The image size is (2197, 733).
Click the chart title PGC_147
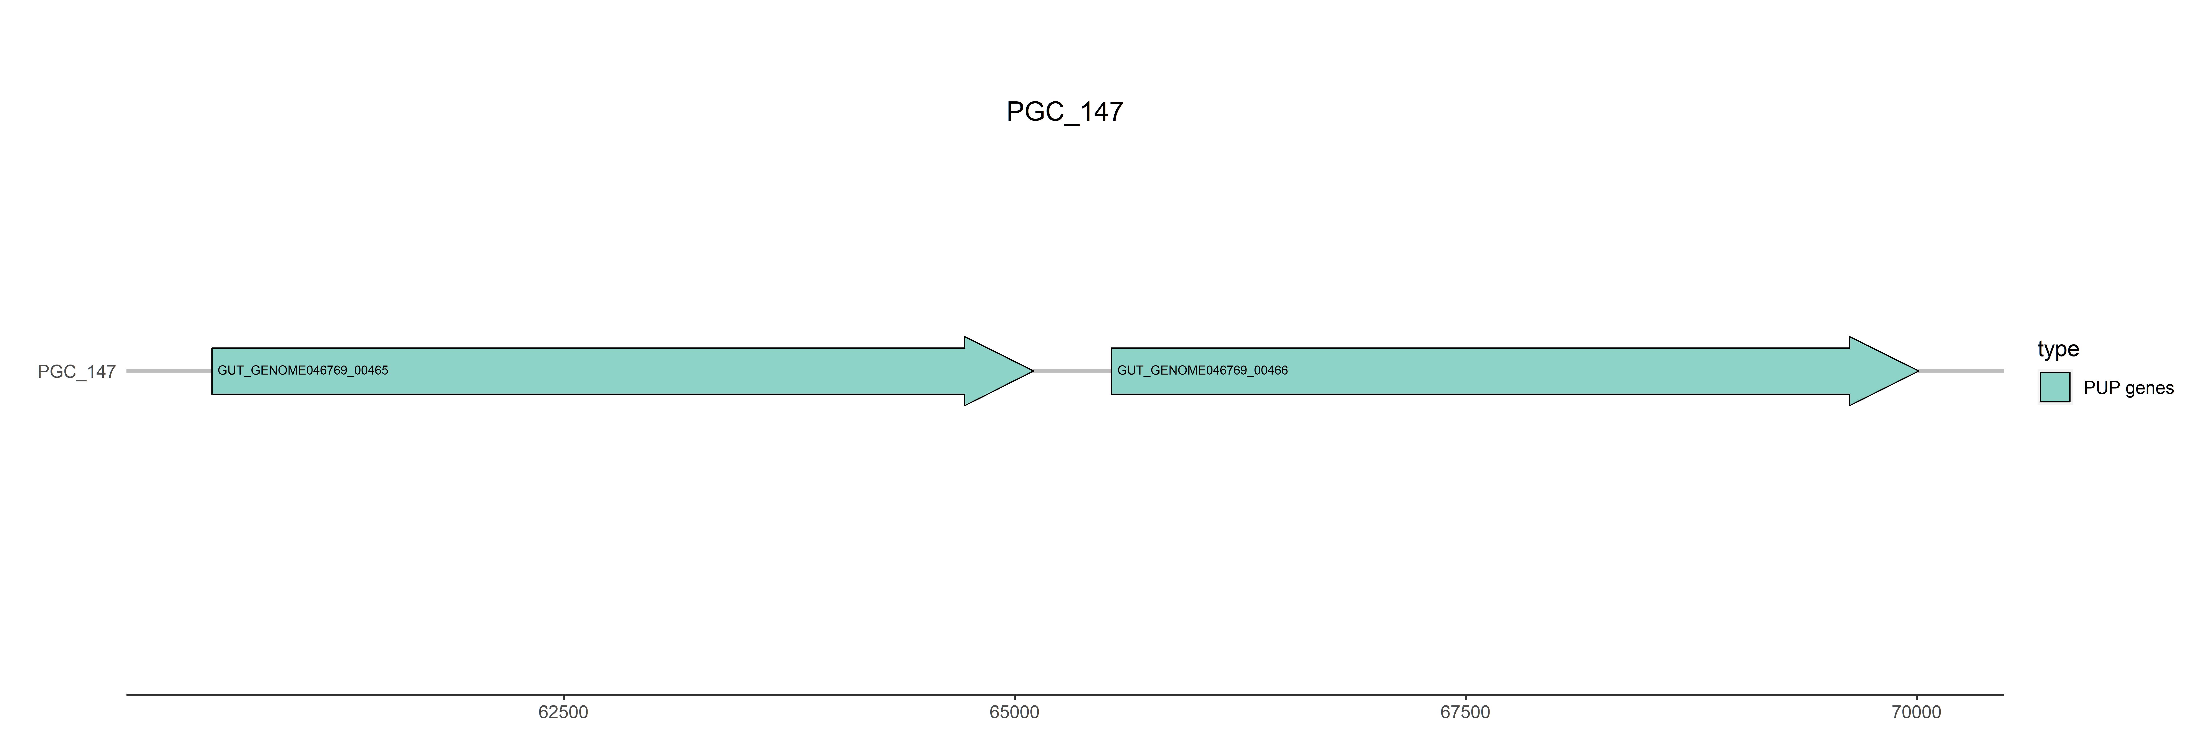point(1064,112)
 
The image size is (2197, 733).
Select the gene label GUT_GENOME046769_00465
point(303,370)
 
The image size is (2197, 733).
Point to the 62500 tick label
point(563,712)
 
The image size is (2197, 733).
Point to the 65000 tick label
point(1014,712)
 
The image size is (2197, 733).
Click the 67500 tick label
point(1465,712)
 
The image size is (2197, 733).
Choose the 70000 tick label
point(1917,712)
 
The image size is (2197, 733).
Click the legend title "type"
point(2058,349)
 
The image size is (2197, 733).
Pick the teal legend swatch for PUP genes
point(2055,388)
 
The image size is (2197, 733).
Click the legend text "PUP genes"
point(2128,388)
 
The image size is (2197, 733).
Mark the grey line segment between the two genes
point(1072,371)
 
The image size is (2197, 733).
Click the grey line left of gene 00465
point(169,371)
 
